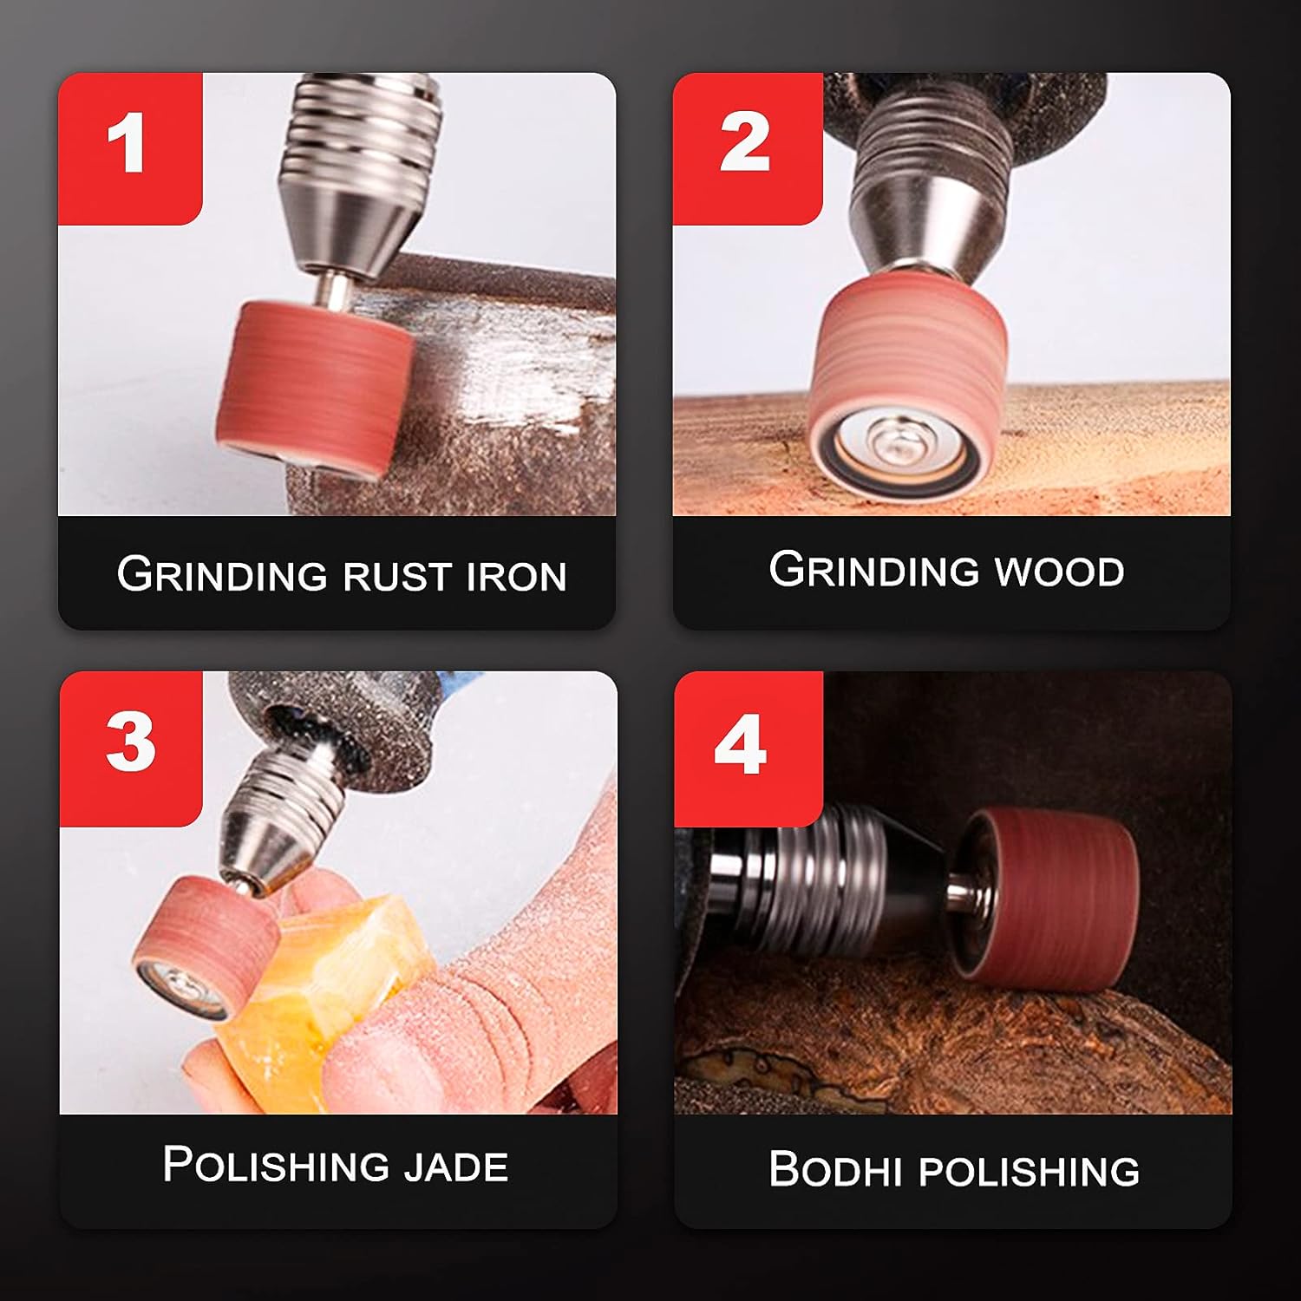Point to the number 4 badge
(742, 746)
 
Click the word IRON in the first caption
(516, 577)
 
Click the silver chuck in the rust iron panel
(347, 173)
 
